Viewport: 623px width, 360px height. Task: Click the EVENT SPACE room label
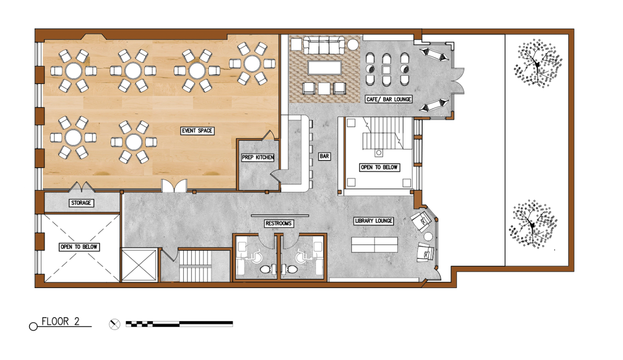[x=197, y=131]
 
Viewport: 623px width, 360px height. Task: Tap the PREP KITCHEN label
[x=258, y=157]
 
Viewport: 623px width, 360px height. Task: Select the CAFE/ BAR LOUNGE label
[x=389, y=99]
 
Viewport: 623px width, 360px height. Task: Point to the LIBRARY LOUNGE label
[x=373, y=221]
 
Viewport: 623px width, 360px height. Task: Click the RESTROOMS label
[x=278, y=224]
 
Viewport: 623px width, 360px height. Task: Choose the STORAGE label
[x=81, y=203]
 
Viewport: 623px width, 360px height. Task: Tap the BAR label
[x=324, y=157]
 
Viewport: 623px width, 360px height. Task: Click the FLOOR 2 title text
[x=60, y=322]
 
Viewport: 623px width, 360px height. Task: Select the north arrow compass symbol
[x=114, y=324]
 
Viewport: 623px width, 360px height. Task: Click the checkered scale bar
[x=179, y=324]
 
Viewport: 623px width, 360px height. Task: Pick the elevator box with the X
[x=139, y=265]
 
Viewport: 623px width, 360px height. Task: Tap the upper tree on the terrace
[x=538, y=64]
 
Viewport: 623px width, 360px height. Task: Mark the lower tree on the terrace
[x=533, y=224]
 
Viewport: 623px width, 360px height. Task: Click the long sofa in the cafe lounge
[x=324, y=45]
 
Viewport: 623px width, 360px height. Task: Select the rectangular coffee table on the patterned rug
[x=325, y=68]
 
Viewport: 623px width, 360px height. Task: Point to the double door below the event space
[x=174, y=186]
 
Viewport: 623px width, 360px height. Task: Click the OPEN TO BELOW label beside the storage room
[x=79, y=247]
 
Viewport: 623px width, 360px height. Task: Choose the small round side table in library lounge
[x=428, y=237]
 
